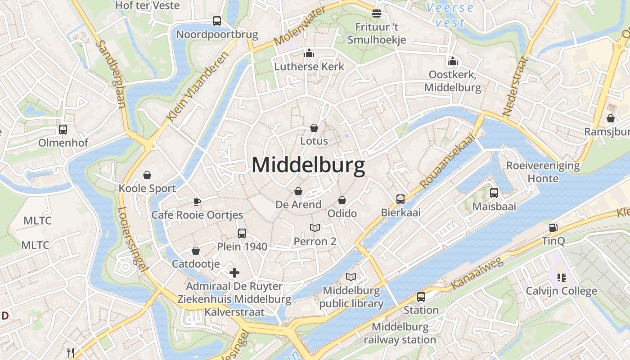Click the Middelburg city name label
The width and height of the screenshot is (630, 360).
(x=308, y=165)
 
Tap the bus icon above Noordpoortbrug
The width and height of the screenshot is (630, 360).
(x=217, y=21)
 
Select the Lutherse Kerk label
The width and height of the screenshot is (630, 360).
(x=309, y=67)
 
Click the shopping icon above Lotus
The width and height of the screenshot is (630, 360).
(x=314, y=128)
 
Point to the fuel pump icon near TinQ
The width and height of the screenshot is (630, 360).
(x=553, y=228)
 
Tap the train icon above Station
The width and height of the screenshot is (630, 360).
(x=421, y=297)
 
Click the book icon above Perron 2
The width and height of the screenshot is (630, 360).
(x=315, y=228)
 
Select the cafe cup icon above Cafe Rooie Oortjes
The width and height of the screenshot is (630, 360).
(x=197, y=201)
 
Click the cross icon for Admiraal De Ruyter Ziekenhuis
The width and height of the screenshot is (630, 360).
(x=234, y=272)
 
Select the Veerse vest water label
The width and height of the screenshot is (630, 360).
(x=450, y=15)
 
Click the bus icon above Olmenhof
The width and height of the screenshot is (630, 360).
(x=63, y=130)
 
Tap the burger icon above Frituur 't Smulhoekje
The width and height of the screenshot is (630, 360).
(x=377, y=13)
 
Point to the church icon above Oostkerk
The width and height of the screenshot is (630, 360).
(x=452, y=61)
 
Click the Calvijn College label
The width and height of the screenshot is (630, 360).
(x=562, y=291)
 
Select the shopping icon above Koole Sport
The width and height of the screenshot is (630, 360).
(x=147, y=175)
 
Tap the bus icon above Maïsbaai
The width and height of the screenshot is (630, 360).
(x=494, y=193)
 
